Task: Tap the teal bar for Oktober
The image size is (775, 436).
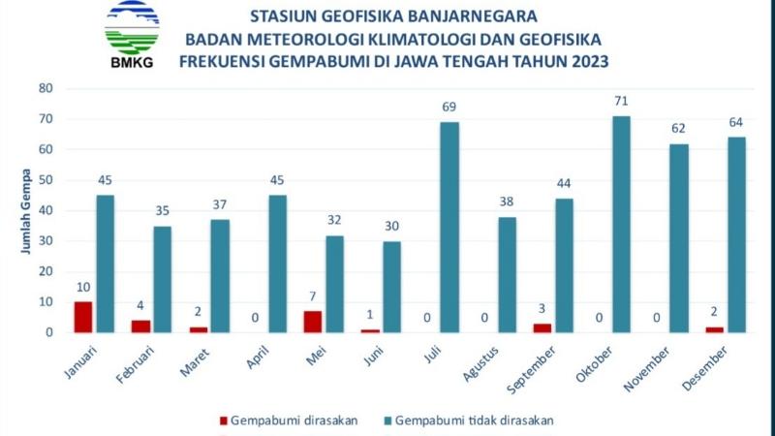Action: tap(622, 225)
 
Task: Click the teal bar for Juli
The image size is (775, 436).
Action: tap(449, 228)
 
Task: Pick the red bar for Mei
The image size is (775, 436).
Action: tap(312, 322)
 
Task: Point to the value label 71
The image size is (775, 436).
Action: tap(622, 100)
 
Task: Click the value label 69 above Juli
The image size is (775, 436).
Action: tap(449, 106)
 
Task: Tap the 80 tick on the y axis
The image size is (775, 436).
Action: tap(46, 88)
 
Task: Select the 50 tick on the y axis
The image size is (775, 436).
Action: tap(46, 180)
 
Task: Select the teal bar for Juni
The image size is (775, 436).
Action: tap(391, 287)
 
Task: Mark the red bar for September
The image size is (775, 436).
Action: tap(542, 327)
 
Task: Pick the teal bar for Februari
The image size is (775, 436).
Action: tap(162, 279)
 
